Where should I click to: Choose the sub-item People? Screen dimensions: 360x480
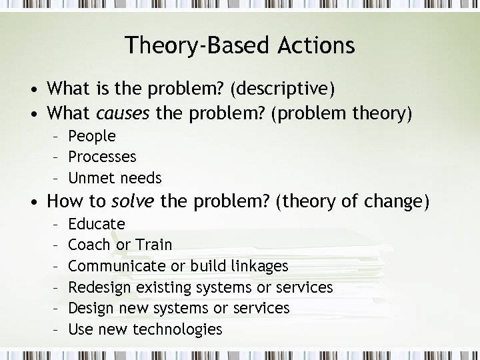click(x=92, y=136)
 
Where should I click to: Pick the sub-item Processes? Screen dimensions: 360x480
click(x=102, y=157)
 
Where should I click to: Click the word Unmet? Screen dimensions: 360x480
click(x=91, y=178)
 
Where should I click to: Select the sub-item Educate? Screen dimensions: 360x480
click(x=97, y=223)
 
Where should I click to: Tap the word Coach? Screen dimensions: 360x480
click(x=90, y=245)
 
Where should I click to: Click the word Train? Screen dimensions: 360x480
click(x=153, y=245)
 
